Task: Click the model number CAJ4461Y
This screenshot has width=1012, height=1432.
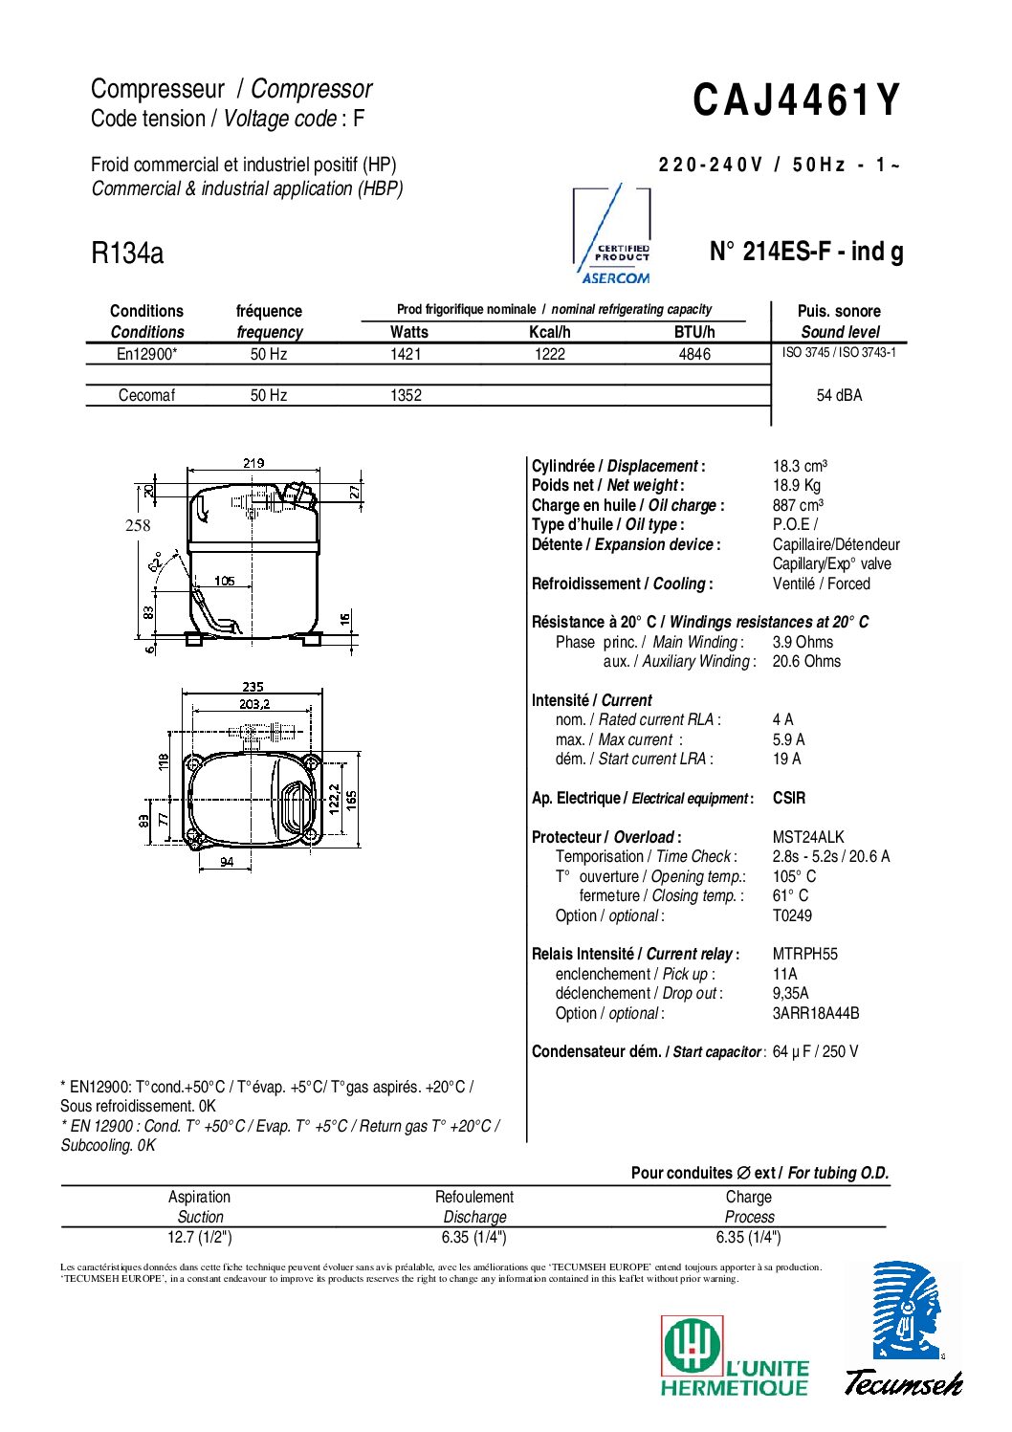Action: coord(796,100)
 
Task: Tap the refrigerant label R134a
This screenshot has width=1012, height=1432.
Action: coord(127,253)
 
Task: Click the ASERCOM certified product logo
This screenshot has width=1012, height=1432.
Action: coord(614,236)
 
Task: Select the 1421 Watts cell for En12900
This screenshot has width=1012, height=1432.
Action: coord(406,354)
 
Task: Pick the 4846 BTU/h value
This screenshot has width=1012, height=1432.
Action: coord(694,354)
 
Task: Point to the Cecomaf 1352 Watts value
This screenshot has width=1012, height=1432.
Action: coord(406,395)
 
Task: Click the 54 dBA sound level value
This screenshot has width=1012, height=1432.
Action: coord(839,395)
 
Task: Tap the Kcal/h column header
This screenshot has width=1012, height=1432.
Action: coord(549,332)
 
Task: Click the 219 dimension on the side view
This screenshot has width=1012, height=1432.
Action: coord(253,463)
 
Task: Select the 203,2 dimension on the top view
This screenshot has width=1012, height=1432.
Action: coord(253,704)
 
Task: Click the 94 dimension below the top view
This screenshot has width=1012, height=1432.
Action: coord(227,862)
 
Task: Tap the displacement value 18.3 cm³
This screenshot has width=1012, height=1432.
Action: coord(800,466)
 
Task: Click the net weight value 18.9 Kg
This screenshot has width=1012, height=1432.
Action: coord(796,485)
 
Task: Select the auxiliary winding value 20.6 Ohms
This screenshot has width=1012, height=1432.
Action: coord(806,661)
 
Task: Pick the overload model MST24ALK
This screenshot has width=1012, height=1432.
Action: coord(808,837)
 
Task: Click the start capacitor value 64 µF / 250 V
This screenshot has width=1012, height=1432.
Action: coord(815,1051)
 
